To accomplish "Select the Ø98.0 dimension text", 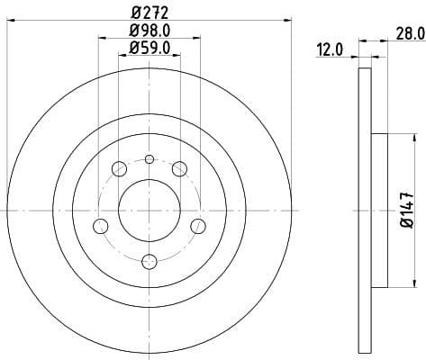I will click(150, 32).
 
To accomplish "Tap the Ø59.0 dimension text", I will click(150, 49).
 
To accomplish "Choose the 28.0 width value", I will click(410, 34).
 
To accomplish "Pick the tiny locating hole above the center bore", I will click(150, 160).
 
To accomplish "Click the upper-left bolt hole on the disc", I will click(119, 167).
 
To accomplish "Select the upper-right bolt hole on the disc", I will click(179, 167).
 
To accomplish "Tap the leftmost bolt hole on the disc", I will click(101, 224).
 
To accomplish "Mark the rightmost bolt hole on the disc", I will click(198, 224).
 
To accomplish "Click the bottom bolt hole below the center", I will click(150, 261).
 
